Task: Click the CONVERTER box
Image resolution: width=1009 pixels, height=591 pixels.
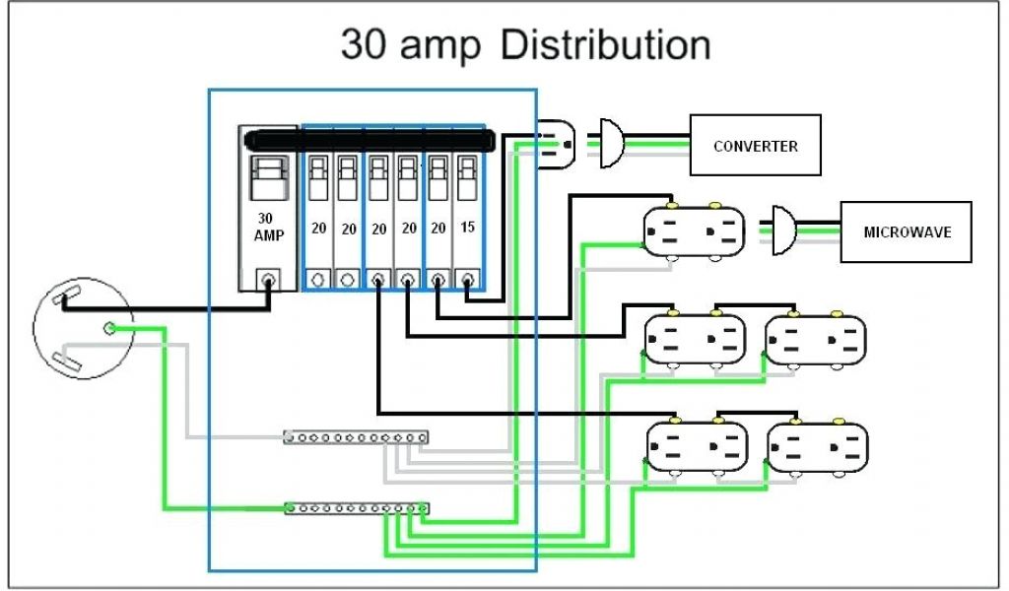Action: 755,146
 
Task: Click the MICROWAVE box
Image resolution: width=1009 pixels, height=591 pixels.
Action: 905,232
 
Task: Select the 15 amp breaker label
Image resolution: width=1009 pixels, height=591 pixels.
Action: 468,228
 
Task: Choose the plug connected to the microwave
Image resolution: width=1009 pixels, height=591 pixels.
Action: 784,231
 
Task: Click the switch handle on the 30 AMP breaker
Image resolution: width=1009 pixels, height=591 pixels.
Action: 266,178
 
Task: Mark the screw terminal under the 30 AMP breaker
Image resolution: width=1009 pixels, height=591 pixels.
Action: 266,280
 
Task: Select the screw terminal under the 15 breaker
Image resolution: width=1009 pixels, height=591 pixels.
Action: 468,280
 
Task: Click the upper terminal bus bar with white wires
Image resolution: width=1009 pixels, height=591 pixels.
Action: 356,435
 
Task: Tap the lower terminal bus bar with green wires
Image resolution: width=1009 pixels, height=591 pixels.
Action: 356,508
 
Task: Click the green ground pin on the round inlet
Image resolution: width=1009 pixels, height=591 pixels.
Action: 110,327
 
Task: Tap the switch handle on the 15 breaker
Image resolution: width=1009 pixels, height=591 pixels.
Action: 468,177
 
